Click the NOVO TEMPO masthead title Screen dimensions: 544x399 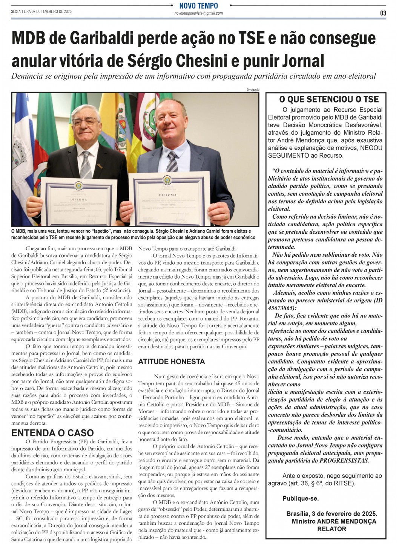199,6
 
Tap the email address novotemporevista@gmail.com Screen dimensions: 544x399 199,13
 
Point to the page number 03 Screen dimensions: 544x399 383,13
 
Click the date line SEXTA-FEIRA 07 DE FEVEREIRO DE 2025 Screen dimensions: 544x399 41,12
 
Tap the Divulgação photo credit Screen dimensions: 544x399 253,90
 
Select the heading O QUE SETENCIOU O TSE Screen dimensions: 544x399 328,100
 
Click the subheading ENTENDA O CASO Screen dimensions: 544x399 52,433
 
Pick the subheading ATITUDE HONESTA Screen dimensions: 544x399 172,362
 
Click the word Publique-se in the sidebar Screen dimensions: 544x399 301,498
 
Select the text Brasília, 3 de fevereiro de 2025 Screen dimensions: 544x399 331,514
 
